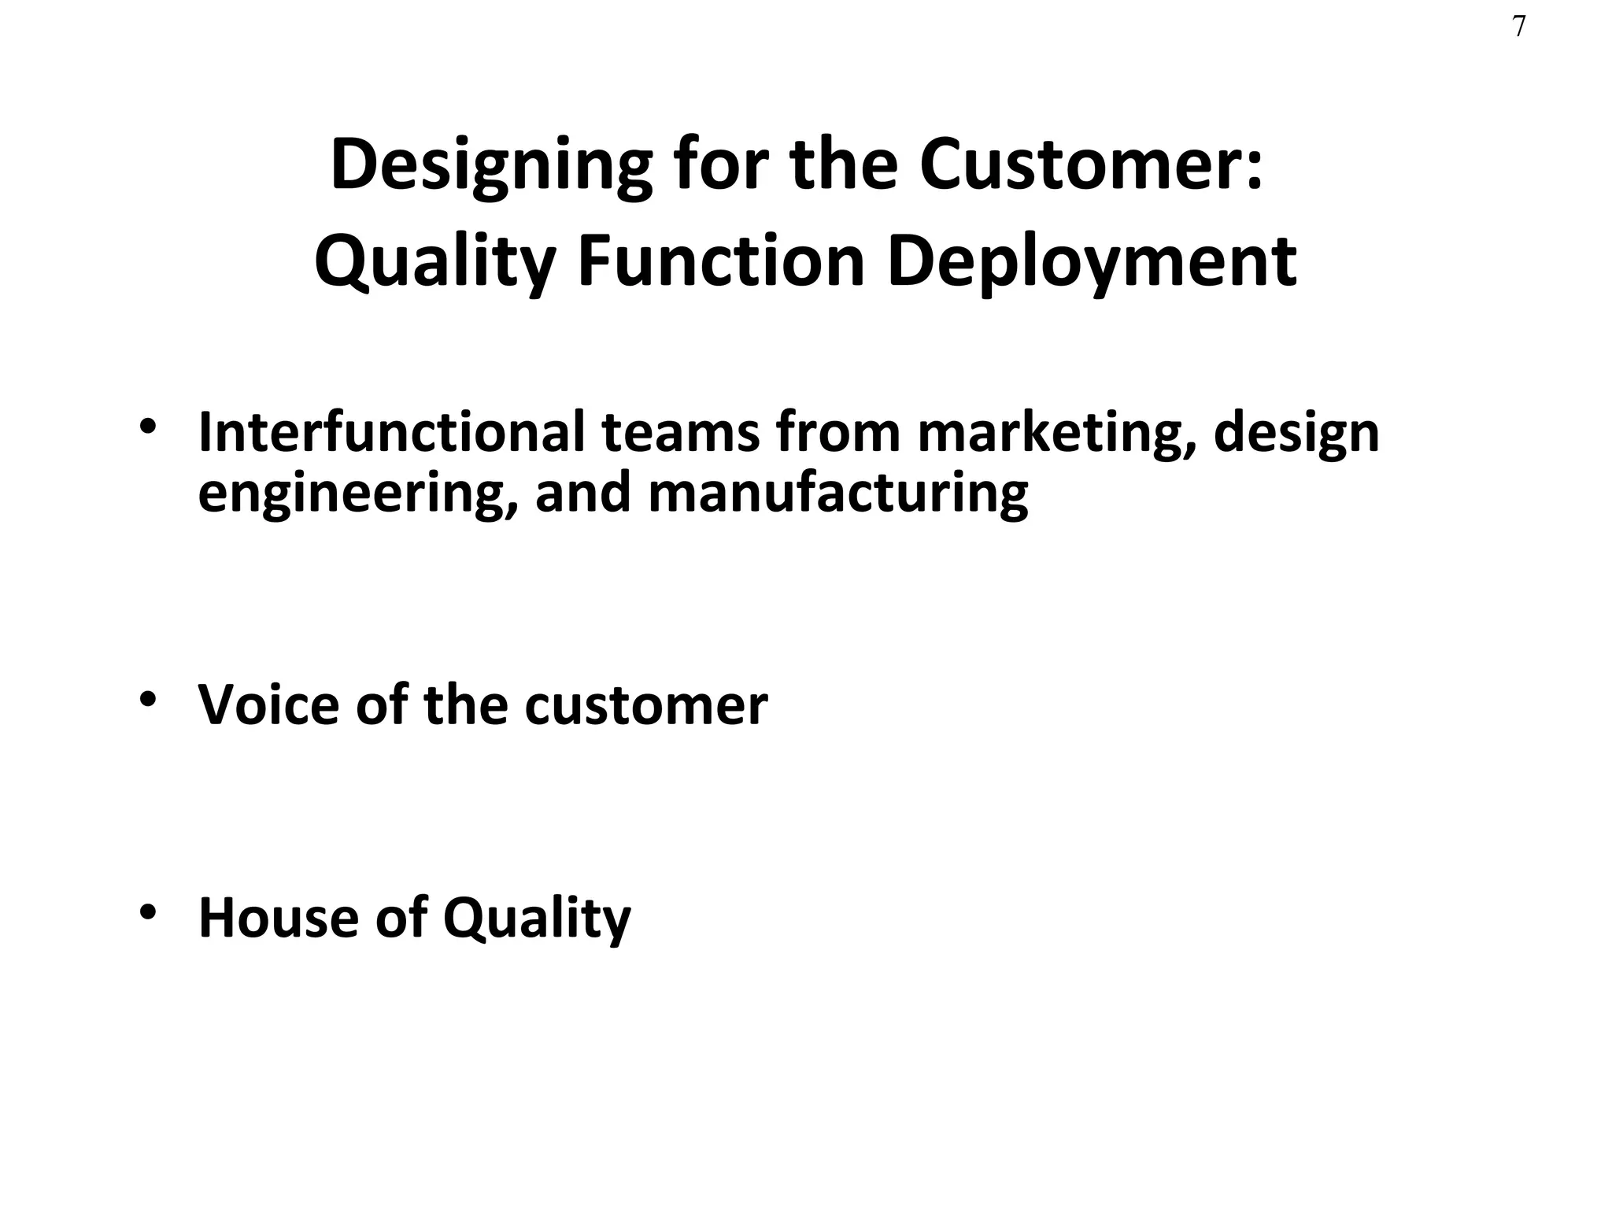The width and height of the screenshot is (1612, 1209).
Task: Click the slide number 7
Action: pos(1519,28)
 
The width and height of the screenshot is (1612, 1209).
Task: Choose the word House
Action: pos(279,917)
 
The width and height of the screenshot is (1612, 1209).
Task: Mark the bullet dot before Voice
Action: pos(147,698)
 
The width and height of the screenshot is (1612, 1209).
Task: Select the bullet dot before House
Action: pos(147,911)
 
